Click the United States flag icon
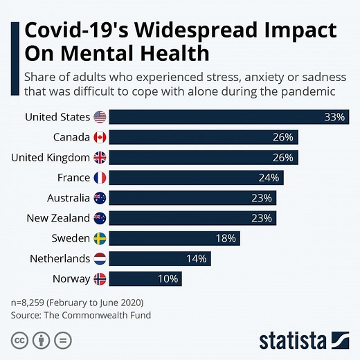(x=100, y=117)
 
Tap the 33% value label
(x=334, y=117)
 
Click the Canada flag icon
(x=100, y=137)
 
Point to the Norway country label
(x=71, y=279)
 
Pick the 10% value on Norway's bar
(x=168, y=279)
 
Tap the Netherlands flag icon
(x=100, y=259)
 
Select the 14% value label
(x=197, y=259)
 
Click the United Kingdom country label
(x=50, y=157)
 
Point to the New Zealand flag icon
(x=100, y=218)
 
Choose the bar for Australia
(x=192, y=198)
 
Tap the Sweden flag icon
(x=100, y=238)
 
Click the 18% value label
(x=226, y=238)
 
